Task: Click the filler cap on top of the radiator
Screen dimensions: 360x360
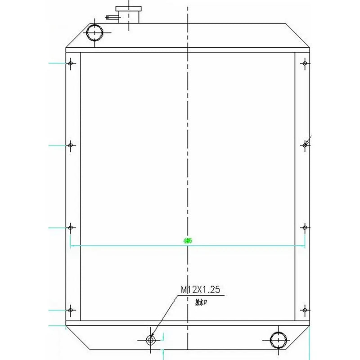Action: point(129,9)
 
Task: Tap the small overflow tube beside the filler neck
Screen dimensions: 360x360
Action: point(112,18)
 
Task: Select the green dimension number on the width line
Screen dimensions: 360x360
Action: point(188,241)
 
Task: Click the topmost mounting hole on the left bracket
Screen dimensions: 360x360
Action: point(70,63)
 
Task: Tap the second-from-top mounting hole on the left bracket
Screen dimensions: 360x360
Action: point(70,145)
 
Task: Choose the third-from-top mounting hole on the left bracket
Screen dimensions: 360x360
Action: point(70,228)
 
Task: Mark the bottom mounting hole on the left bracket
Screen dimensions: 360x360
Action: point(70,310)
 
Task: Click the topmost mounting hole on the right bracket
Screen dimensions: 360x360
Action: point(305,63)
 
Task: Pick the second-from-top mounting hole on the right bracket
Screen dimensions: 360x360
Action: point(305,144)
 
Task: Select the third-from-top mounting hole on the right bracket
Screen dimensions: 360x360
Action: point(305,228)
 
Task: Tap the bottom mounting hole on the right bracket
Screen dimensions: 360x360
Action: point(305,310)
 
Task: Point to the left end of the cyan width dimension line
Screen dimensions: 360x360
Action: point(71,246)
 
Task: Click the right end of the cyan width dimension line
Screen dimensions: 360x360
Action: point(305,246)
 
